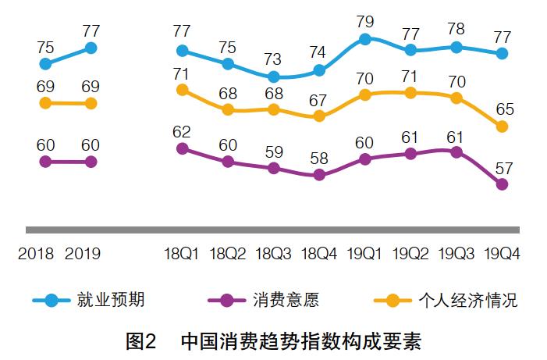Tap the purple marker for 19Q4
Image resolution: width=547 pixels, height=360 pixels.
(503, 184)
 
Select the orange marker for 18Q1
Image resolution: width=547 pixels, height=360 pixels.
(183, 90)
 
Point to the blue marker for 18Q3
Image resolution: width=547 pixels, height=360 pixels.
(273, 77)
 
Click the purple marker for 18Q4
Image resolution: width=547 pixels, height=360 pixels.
(318, 175)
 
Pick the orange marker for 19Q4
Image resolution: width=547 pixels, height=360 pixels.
(503, 126)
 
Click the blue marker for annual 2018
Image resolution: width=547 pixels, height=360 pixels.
(45, 64)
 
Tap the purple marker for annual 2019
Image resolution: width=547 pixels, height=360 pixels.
(91, 162)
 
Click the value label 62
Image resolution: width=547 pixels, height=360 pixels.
(183, 130)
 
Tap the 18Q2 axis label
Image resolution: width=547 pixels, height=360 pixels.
(228, 254)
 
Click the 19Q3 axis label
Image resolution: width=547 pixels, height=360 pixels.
(457, 254)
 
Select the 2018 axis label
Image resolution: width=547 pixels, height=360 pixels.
(35, 254)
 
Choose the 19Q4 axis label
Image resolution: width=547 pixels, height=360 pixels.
(503, 254)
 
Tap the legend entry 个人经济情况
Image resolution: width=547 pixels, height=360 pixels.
(468, 300)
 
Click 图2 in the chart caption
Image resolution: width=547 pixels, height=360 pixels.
(141, 341)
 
